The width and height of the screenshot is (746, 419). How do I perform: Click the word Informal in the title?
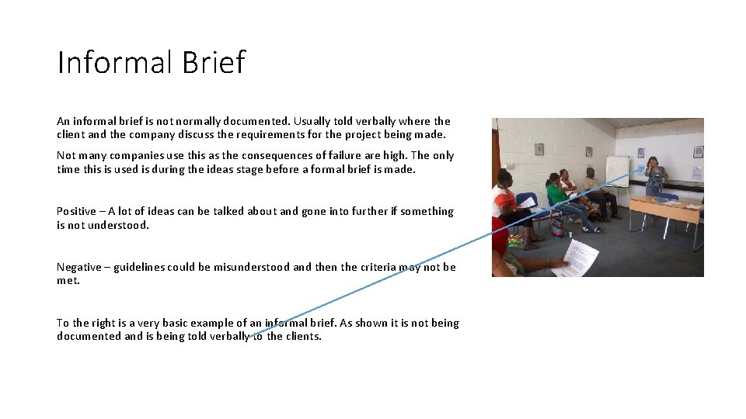tap(113, 63)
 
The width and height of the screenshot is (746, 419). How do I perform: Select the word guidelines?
tap(139, 267)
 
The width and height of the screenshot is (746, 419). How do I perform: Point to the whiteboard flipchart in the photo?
tap(617, 171)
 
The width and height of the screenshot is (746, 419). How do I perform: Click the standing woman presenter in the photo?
tap(655, 177)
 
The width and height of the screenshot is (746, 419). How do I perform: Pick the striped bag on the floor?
tap(556, 226)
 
